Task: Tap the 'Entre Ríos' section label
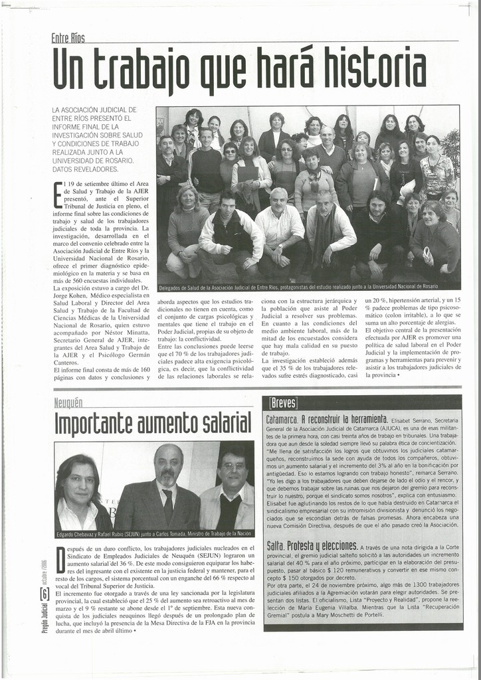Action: tap(68, 38)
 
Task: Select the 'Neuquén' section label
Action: tap(68, 402)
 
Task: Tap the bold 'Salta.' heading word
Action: tap(275, 545)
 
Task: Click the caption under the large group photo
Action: tap(299, 286)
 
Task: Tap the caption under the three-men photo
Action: tap(153, 534)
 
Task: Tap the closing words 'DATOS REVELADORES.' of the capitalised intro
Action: tap(86, 169)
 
